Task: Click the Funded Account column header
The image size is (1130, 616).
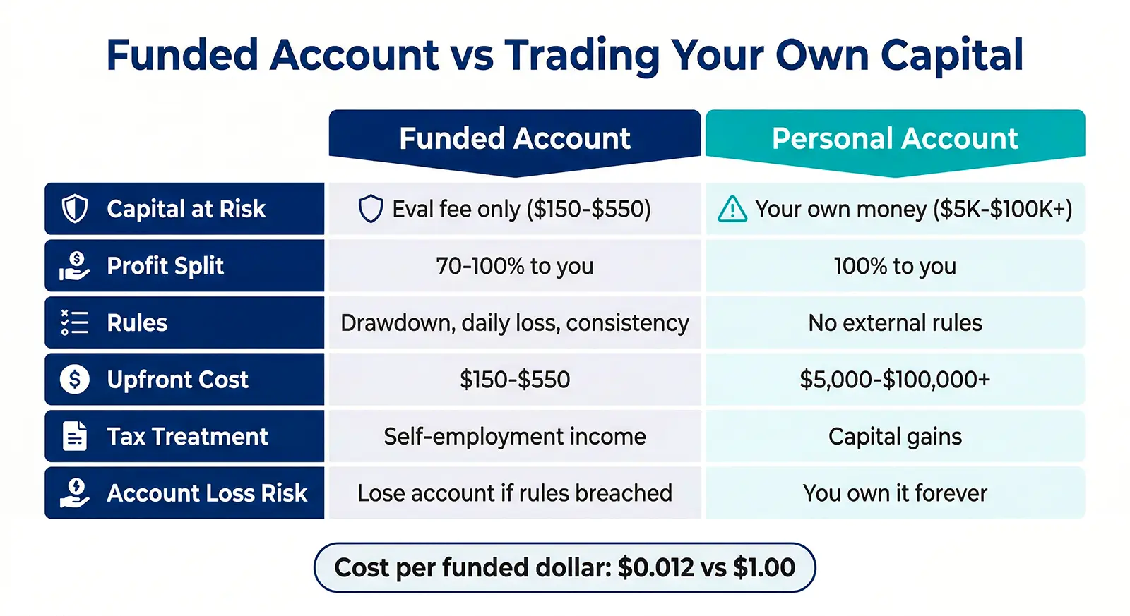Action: click(x=514, y=139)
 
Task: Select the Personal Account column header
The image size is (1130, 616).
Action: click(x=895, y=139)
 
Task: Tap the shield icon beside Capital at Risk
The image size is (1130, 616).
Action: click(x=75, y=209)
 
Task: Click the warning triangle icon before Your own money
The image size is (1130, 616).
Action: click(x=732, y=210)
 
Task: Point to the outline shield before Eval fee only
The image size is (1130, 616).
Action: click(x=371, y=210)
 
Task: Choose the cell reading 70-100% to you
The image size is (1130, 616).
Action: click(x=514, y=266)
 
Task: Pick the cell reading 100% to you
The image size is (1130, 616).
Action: click(x=895, y=266)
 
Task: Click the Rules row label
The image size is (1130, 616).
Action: click(x=137, y=323)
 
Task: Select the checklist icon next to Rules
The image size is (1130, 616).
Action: click(x=75, y=323)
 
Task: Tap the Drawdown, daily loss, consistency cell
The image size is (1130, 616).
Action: click(x=514, y=323)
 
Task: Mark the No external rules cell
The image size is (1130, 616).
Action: click(x=895, y=323)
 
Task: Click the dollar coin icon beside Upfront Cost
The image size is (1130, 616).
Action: click(x=75, y=380)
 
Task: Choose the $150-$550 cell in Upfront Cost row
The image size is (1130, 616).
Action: click(x=514, y=380)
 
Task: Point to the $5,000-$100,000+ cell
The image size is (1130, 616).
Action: click(x=895, y=380)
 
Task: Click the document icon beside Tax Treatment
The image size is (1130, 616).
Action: click(x=75, y=436)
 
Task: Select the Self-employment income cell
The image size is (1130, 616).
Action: click(x=514, y=437)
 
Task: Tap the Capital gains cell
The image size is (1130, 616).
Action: click(x=895, y=437)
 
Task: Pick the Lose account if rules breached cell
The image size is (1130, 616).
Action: click(x=514, y=493)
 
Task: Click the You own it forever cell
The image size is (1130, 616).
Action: click(x=895, y=493)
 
